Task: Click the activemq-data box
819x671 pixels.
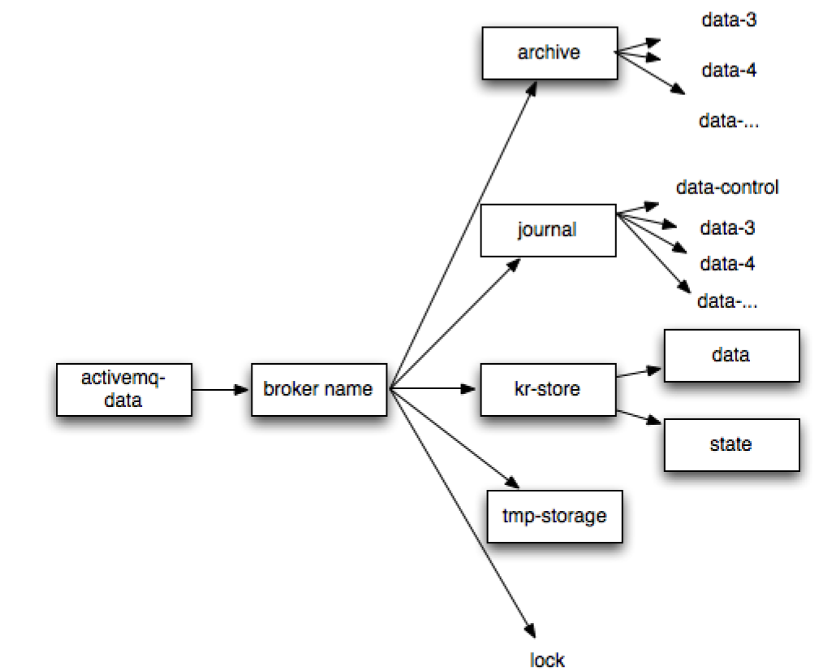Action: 123,389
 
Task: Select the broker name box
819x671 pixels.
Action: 318,389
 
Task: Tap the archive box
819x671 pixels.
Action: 549,53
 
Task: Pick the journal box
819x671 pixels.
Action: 547,230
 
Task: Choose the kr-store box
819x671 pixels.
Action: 548,389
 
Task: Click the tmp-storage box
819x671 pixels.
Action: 554,516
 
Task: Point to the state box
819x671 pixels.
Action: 731,444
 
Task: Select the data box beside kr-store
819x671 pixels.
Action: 731,355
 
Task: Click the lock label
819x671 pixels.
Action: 547,660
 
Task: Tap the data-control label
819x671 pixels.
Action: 727,187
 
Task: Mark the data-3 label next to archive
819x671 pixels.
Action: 729,20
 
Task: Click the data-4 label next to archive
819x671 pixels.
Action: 729,71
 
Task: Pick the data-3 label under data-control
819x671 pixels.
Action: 727,228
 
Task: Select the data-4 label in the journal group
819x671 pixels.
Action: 727,264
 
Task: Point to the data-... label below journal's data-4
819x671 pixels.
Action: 727,301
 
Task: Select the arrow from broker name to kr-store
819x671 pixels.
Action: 434,390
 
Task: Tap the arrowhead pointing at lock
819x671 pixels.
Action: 530,630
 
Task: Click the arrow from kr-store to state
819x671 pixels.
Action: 640,417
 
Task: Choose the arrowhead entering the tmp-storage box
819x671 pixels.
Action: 511,483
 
